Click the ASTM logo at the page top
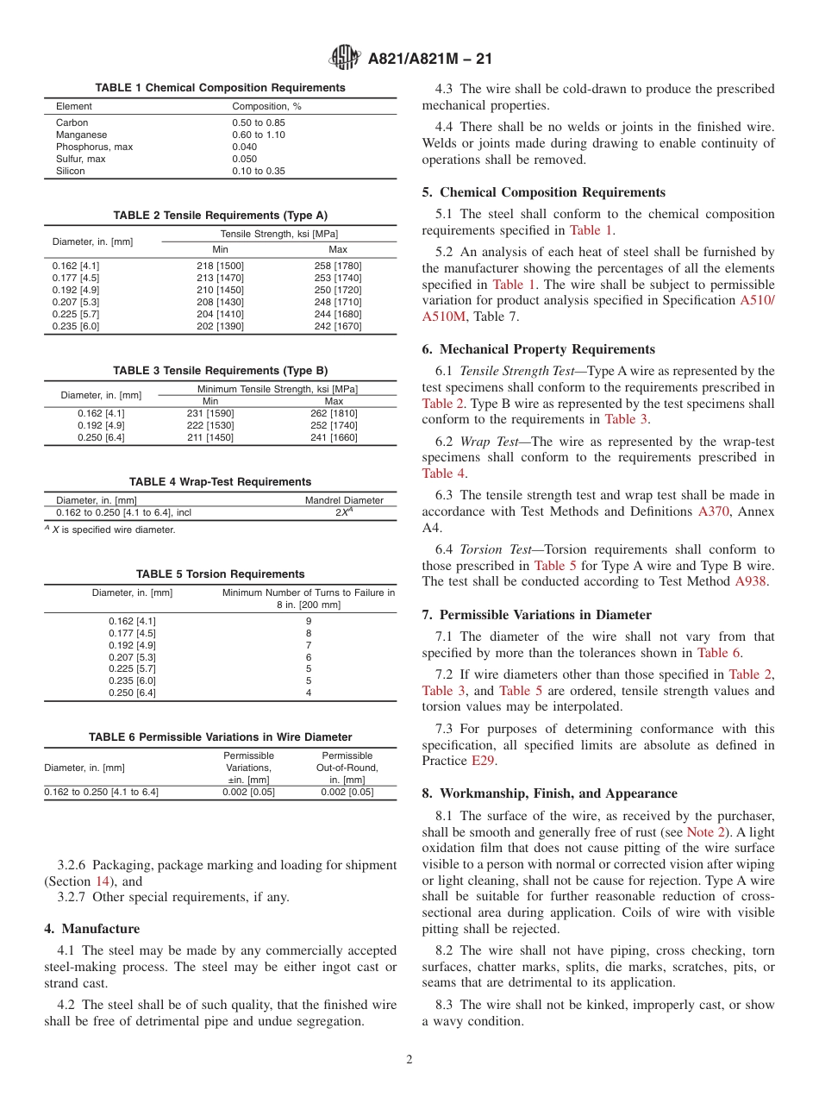(345, 58)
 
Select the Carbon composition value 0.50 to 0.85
(258, 122)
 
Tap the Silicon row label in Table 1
(71, 171)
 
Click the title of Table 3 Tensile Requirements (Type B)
(220, 370)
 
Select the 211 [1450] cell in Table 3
(210, 437)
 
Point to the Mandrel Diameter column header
(344, 500)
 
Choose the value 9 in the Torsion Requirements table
(308, 621)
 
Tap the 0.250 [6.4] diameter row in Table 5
(132, 693)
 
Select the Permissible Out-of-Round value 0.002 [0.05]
(347, 792)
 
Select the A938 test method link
(750, 581)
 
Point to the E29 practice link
(483, 761)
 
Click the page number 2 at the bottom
(409, 1060)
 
